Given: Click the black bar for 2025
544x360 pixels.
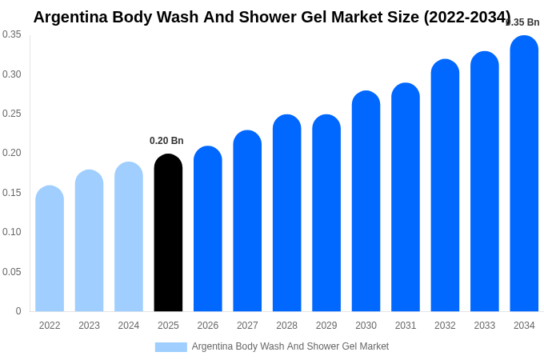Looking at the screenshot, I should click(168, 233).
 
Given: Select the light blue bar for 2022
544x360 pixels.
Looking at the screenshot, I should click(50, 249).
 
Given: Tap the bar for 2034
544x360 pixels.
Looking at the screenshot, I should click(524, 174).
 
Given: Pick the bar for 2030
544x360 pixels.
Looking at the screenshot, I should click(366, 201).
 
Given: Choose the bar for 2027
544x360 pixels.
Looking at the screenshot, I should click(247, 221).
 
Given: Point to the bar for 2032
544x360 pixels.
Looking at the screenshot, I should click(445, 186).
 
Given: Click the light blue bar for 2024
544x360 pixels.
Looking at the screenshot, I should click(129, 237).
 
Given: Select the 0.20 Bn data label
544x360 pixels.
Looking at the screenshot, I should click(166, 141).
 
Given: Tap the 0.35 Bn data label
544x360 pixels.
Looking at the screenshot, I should click(523, 22).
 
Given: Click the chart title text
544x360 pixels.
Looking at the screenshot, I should click(271, 17).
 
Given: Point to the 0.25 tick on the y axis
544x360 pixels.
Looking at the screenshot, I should click(12, 114).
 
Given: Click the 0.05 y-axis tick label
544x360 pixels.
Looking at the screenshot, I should click(12, 272).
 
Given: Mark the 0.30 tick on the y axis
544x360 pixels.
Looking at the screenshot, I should click(12, 74).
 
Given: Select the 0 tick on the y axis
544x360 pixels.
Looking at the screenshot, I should click(18, 311).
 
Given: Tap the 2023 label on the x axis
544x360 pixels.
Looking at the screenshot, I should click(89, 326).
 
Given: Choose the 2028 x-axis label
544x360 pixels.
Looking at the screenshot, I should click(286, 326).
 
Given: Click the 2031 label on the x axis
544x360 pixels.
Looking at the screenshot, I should click(406, 326).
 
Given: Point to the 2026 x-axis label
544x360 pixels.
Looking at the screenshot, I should click(208, 326).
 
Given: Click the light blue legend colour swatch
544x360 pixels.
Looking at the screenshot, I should click(170, 346).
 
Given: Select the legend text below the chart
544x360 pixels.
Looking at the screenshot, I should click(290, 346).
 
